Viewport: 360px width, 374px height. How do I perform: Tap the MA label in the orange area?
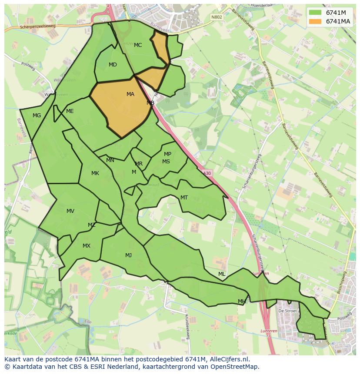click(x=130, y=94)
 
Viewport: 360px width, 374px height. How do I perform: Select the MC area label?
click(x=138, y=45)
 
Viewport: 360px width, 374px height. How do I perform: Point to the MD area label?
click(x=113, y=65)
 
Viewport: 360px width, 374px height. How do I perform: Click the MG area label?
click(x=37, y=116)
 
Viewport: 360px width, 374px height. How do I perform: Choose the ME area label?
click(x=70, y=111)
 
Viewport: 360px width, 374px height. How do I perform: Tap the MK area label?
click(x=95, y=173)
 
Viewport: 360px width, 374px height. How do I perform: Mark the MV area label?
click(x=70, y=211)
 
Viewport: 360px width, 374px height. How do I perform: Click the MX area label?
click(x=87, y=246)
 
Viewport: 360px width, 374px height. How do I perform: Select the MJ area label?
click(x=128, y=255)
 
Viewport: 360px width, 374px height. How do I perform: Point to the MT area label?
click(x=184, y=198)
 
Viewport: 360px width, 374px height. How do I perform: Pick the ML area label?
click(x=222, y=274)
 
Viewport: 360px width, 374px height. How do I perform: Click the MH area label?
click(x=242, y=301)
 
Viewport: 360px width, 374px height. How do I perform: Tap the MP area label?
click(x=167, y=154)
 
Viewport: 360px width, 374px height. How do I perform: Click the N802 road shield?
click(x=216, y=17)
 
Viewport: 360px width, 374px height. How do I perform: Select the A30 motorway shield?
click(x=207, y=173)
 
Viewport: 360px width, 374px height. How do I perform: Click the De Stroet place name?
click(x=287, y=311)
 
